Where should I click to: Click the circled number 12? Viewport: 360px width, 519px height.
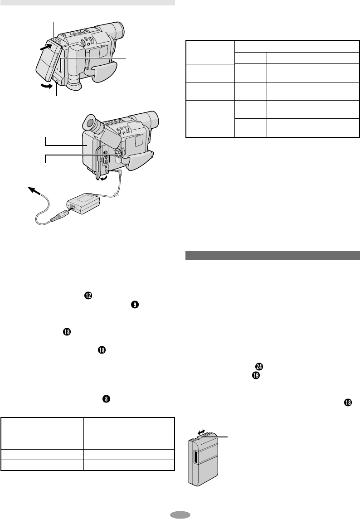click(88, 296)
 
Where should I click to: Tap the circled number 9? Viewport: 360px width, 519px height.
click(135, 305)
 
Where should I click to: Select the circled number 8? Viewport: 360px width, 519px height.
click(106, 399)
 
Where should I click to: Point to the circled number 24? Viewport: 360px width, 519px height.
click(259, 366)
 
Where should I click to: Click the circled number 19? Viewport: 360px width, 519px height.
click(256, 376)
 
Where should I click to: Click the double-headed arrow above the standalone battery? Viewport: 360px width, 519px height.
click(201, 432)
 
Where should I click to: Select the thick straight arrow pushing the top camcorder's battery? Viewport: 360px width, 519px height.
click(45, 47)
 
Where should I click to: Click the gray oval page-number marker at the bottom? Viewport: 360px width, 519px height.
click(180, 514)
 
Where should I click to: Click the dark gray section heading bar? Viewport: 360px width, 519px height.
click(272, 256)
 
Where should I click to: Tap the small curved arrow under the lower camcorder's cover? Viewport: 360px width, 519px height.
click(104, 179)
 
